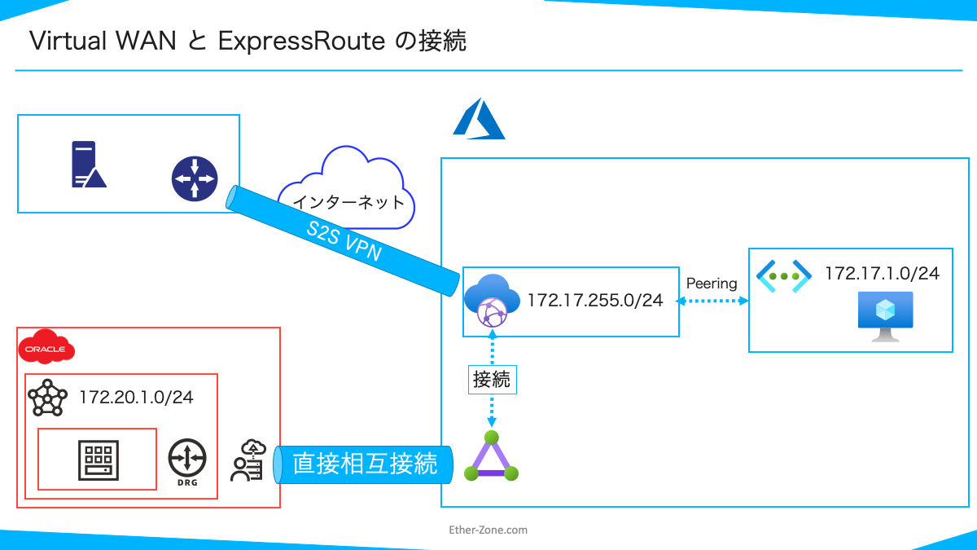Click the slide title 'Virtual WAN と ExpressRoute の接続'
[248, 41]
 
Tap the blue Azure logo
[480, 119]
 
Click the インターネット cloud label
[348, 202]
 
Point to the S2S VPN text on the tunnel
[344, 242]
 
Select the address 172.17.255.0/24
[594, 301]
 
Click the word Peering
[711, 284]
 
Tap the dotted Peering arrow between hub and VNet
[714, 301]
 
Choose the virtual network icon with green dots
[783, 276]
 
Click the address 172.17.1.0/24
[882, 274]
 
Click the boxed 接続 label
[493, 380]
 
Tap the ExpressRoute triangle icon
[491, 457]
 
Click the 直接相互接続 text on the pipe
[364, 464]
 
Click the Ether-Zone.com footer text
[488, 530]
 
